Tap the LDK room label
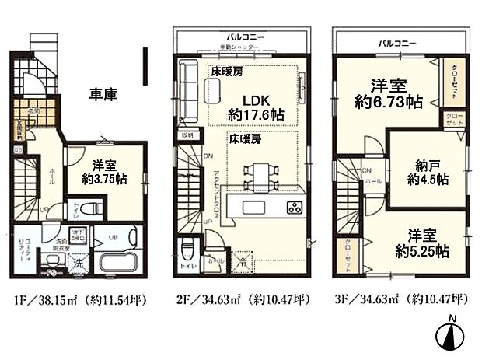coord(256,99)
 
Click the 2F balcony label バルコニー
coord(243,37)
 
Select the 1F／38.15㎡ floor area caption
coord(79,299)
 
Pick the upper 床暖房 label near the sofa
coord(227,71)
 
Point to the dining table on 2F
coord(252,177)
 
